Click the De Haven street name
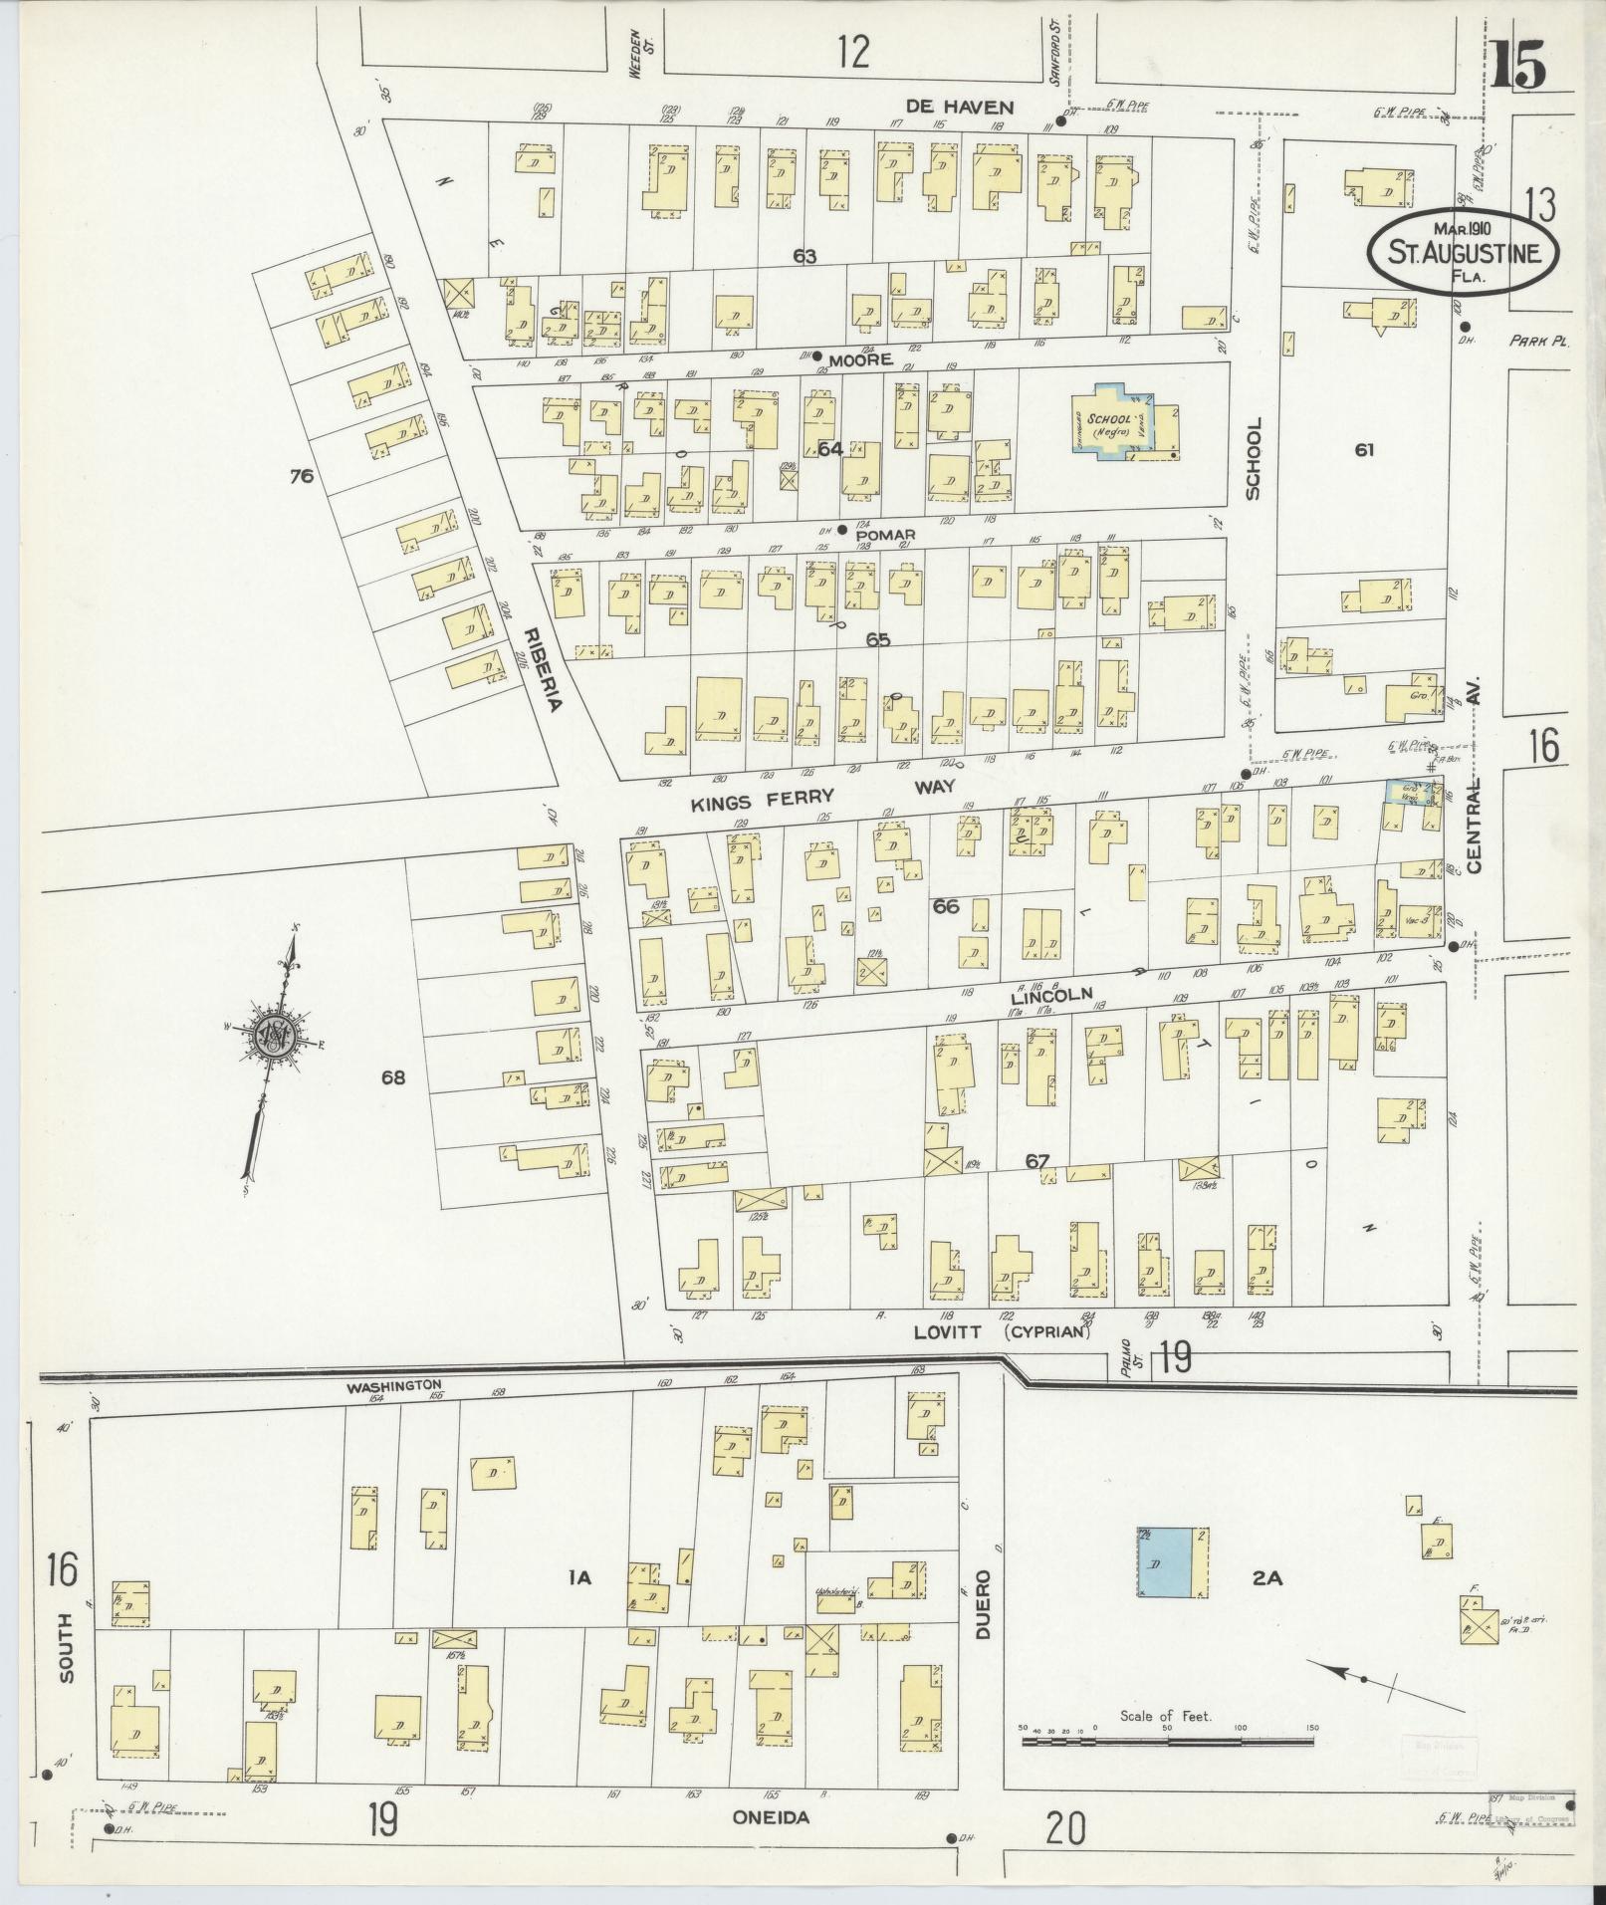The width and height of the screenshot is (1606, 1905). pyautogui.click(x=960, y=107)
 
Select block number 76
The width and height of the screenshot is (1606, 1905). pyautogui.click(x=302, y=476)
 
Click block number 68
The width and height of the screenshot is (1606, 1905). pyautogui.click(x=393, y=1076)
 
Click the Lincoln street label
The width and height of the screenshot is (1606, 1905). pyautogui.click(x=1051, y=994)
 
